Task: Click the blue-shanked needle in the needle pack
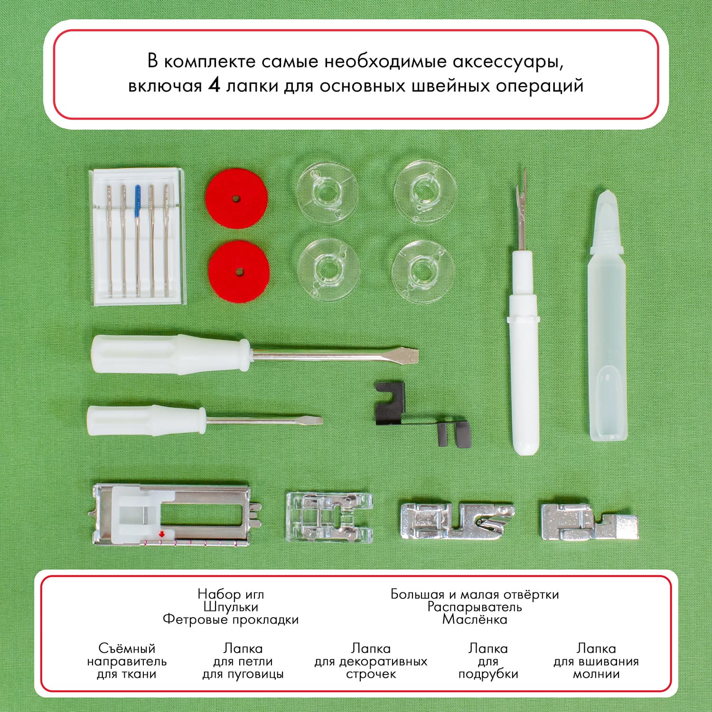click(138, 237)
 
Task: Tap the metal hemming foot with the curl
click(457, 520)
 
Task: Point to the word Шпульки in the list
click(231, 607)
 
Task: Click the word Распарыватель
click(475, 607)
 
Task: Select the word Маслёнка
click(475, 619)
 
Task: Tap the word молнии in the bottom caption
click(596, 674)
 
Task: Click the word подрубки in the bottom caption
click(488, 675)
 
